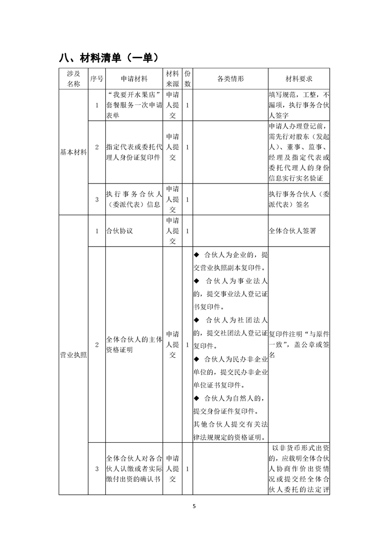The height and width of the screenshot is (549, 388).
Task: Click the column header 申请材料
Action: [134, 78]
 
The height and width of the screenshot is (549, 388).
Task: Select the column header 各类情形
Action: [230, 78]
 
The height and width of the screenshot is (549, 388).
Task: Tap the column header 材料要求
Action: [299, 78]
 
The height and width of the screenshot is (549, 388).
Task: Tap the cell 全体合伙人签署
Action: [293, 230]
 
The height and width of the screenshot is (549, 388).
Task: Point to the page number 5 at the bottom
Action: [194, 506]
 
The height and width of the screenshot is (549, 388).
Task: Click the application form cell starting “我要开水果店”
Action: [134, 105]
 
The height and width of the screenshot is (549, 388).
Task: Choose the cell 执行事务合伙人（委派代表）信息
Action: [134, 200]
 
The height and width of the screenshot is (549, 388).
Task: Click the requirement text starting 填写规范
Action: [299, 105]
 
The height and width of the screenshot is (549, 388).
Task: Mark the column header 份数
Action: [187, 78]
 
